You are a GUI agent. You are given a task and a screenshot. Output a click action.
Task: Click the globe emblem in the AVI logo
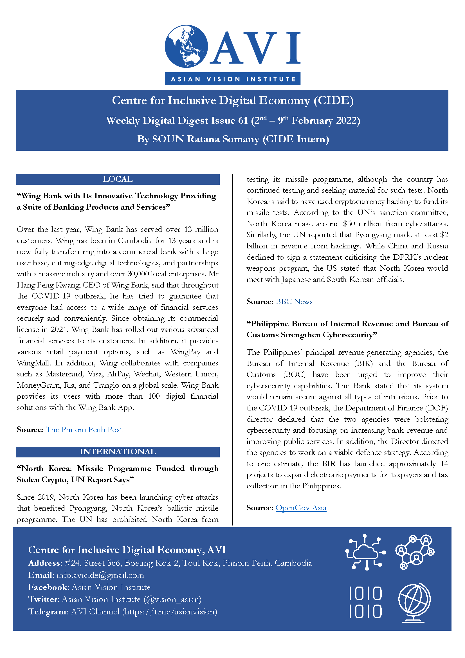point(186,46)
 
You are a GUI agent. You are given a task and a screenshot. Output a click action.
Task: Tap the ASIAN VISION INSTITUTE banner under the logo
point(232,79)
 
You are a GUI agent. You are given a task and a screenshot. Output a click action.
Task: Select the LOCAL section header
point(118,179)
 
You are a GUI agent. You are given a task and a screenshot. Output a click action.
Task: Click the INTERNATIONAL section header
point(118,452)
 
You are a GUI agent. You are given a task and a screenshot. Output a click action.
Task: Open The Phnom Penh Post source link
point(84,430)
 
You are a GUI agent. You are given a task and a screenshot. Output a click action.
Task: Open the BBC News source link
point(294,302)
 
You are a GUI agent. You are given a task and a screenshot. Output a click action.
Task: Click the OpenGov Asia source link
point(301,508)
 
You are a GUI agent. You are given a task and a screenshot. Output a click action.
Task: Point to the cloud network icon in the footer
point(365,552)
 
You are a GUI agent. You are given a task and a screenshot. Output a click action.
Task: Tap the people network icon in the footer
point(415,552)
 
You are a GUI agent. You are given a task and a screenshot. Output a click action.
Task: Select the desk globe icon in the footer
point(414,602)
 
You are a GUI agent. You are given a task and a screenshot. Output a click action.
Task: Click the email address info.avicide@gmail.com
point(100,575)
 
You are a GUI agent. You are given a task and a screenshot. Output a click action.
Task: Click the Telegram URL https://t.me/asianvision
point(170,612)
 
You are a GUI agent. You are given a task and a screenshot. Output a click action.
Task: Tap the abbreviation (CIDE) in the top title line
point(334,101)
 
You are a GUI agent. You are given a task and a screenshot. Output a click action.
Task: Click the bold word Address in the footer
point(44,563)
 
